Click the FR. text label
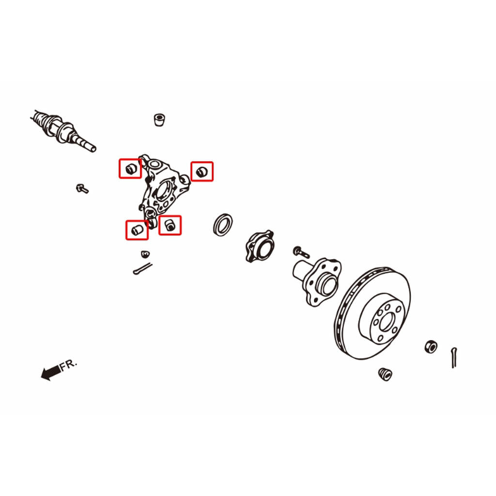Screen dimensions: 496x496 click(x=68, y=365)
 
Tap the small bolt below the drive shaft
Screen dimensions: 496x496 click(x=82, y=189)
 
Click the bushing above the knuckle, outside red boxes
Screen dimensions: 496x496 click(x=159, y=120)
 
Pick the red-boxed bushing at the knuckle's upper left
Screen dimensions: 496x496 click(x=130, y=169)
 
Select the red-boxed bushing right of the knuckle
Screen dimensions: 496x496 click(x=201, y=171)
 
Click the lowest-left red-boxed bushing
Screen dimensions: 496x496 click(x=137, y=230)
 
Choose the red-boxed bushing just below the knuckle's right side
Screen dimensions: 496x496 click(x=170, y=225)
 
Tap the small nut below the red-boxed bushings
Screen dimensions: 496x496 click(x=145, y=254)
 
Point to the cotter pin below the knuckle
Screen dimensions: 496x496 click(x=143, y=269)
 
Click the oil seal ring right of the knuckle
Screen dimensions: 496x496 click(x=223, y=224)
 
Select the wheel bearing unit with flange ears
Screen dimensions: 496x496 click(x=260, y=246)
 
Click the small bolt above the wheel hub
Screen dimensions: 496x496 click(x=301, y=252)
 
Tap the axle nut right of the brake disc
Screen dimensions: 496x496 click(x=431, y=347)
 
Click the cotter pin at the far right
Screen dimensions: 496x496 click(x=454, y=357)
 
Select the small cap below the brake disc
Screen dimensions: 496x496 click(x=385, y=374)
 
